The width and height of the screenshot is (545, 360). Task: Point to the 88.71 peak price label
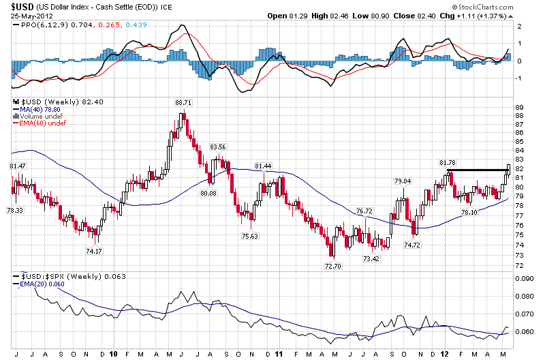183,102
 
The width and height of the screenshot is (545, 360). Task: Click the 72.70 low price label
332,266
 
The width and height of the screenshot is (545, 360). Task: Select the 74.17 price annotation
94,251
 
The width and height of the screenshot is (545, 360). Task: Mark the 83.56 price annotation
217,147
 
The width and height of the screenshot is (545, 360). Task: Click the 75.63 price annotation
250,236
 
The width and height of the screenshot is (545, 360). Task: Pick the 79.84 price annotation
403,181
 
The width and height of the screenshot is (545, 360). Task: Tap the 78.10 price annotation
469,213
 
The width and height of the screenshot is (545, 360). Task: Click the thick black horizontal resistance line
477,170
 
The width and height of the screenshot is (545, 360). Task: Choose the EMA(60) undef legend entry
37,123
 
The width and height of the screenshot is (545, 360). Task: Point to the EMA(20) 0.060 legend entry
37,283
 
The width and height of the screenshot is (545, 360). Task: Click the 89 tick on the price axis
519,108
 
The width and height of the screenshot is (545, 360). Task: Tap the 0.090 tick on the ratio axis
525,279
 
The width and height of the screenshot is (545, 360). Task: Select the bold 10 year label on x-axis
113,355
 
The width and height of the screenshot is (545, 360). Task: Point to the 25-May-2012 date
27,16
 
